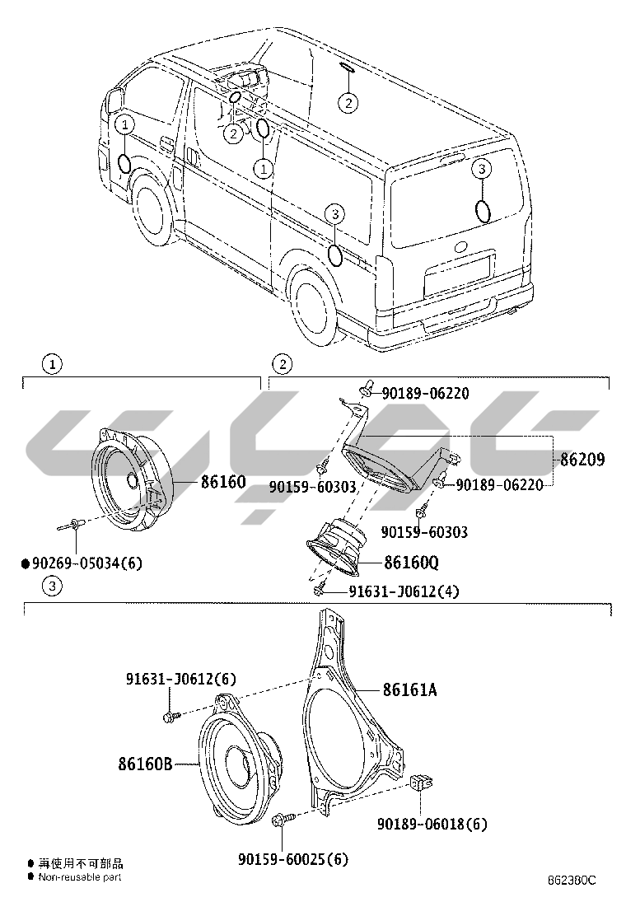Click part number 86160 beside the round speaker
click(223, 481)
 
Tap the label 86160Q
click(411, 563)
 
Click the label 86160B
click(145, 764)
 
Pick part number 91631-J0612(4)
click(404, 591)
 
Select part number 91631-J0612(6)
click(181, 680)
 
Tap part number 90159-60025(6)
click(293, 859)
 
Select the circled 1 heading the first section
click(51, 363)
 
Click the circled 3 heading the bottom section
click(51, 587)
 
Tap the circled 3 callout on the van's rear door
click(482, 169)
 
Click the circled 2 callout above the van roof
click(349, 102)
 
